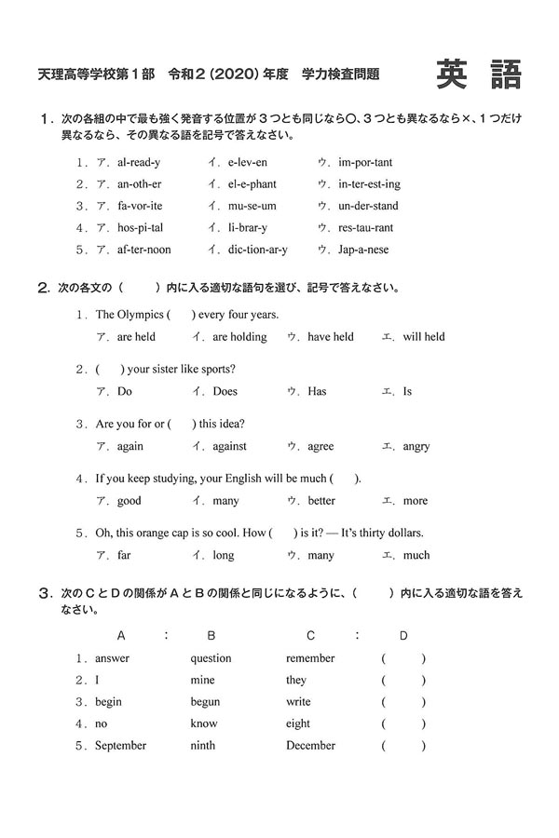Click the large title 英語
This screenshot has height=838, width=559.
pyautogui.click(x=479, y=75)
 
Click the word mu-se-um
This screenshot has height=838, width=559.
pyautogui.click(x=244, y=206)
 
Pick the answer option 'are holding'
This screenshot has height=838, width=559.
pyautogui.click(x=239, y=337)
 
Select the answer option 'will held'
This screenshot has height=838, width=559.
pyautogui.click(x=424, y=337)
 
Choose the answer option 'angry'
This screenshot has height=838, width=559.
pyautogui.click(x=416, y=446)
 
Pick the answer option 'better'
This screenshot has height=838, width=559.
pyautogui.click(x=321, y=501)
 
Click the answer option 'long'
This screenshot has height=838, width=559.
pyautogui.click(x=224, y=556)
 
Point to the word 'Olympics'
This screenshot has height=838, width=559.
pyautogui.click(x=140, y=315)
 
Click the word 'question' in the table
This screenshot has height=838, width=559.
pyautogui.click(x=211, y=658)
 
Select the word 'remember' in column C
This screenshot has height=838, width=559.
pyautogui.click(x=310, y=658)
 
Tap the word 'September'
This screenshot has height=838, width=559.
pyautogui.click(x=121, y=745)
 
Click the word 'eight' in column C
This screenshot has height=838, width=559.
pyautogui.click(x=298, y=723)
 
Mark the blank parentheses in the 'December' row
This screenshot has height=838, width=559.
pyautogui.click(x=403, y=745)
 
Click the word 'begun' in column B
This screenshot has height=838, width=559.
pyautogui.click(x=205, y=702)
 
